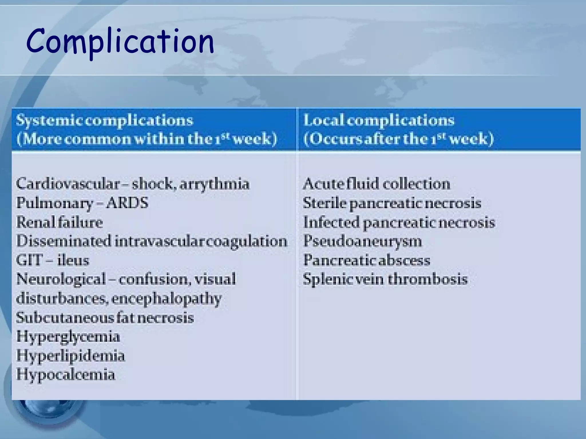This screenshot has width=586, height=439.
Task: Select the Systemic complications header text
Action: click(105, 120)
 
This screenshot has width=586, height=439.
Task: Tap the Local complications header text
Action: click(379, 120)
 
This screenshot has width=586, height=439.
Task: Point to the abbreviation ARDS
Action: click(127, 203)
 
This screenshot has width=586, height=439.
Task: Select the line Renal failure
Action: click(60, 222)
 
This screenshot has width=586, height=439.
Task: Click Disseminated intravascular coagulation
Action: click(152, 241)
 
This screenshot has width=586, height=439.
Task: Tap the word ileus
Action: click(73, 260)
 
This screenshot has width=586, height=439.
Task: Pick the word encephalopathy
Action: click(167, 299)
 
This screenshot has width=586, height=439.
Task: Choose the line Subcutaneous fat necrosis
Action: click(105, 318)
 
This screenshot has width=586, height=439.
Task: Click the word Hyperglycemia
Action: click(68, 337)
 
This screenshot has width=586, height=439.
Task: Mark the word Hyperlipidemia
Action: click(71, 356)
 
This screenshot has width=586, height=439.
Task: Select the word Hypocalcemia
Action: click(66, 375)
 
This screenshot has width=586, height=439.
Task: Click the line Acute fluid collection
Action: click(376, 184)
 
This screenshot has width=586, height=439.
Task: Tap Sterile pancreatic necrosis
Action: click(392, 203)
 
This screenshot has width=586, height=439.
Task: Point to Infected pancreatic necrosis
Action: click(399, 222)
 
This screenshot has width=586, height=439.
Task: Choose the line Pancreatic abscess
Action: click(367, 260)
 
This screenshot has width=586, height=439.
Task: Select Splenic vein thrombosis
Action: click(385, 279)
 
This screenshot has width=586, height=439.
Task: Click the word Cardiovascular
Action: click(68, 184)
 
